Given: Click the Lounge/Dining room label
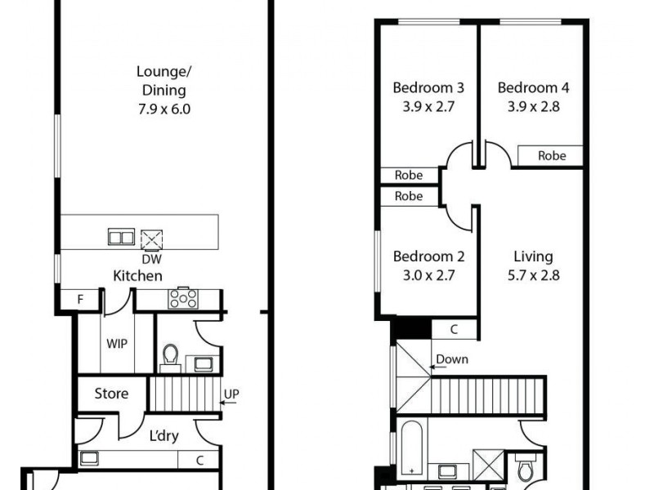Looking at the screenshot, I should point(161,81).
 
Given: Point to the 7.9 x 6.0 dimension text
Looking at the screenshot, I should point(163,108).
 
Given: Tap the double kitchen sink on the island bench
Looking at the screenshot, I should point(121,238).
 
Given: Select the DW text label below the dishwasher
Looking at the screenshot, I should point(150,259).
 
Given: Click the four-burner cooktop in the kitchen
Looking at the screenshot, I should point(182,298).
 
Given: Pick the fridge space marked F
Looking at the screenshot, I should point(80,300).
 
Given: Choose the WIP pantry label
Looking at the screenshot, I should point(116,343).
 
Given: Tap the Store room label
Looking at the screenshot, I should point(111,394).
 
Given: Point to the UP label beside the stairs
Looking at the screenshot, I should point(231,394).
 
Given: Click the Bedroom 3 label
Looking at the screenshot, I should point(428,88).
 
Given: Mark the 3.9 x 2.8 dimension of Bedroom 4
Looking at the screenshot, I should point(533,106).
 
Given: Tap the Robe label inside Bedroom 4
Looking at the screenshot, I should point(550,155).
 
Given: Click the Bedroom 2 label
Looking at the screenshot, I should point(428,256).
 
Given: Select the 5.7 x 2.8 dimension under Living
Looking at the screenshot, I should point(533,275).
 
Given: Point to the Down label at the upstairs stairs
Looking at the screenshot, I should point(452,359).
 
